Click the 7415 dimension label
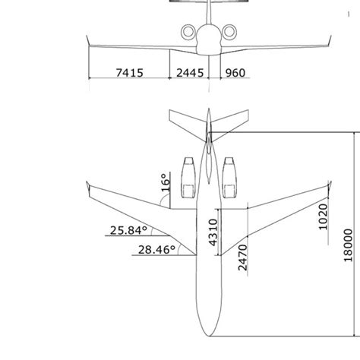click(128, 73)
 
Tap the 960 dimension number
click(235, 73)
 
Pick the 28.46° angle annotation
click(156, 248)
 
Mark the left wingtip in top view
click(90, 185)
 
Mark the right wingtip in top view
click(327, 185)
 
